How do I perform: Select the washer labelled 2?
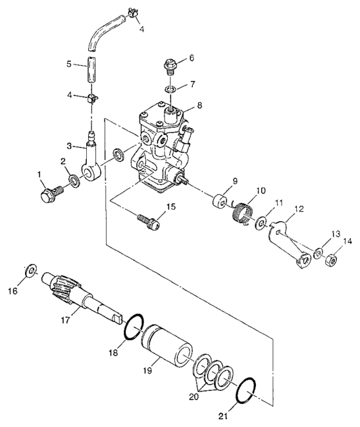pyautogui.click(x=75, y=181)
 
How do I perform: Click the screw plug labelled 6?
pyautogui.click(x=171, y=66)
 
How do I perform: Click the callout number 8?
pyautogui.click(x=199, y=104)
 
